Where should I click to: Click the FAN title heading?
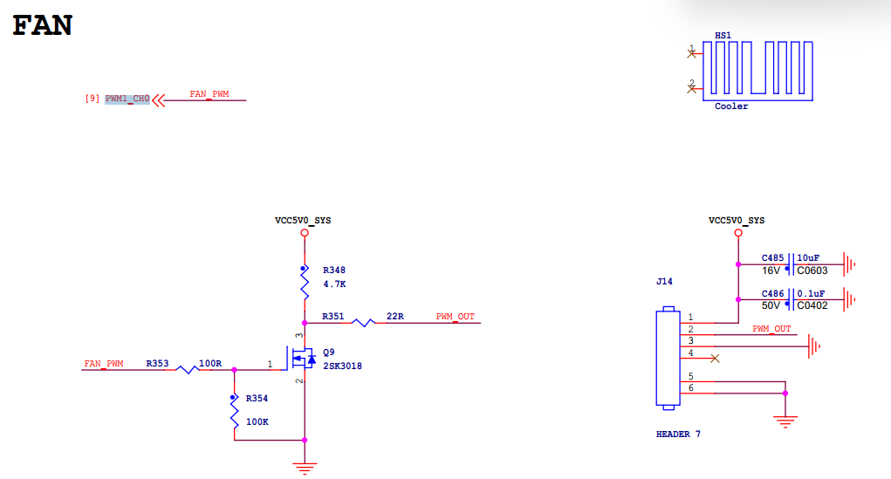tap(42, 25)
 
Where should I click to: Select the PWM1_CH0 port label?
tap(127, 99)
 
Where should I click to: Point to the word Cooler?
tap(731, 106)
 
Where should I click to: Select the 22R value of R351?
tap(395, 316)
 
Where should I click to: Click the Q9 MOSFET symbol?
tap(303, 359)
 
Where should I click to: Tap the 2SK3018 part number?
tap(342, 366)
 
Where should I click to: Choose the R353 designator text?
tap(158, 363)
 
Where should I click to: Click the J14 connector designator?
tap(664, 282)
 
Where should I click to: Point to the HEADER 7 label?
tap(678, 434)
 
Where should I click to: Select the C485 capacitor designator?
tap(772, 258)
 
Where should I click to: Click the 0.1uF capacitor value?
tap(809, 294)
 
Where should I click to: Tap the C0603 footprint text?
tap(812, 270)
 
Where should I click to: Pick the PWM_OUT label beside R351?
tap(455, 316)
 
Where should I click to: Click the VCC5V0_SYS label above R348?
tap(303, 221)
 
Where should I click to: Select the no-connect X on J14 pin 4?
tap(716, 358)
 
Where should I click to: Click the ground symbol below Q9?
tap(304, 468)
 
